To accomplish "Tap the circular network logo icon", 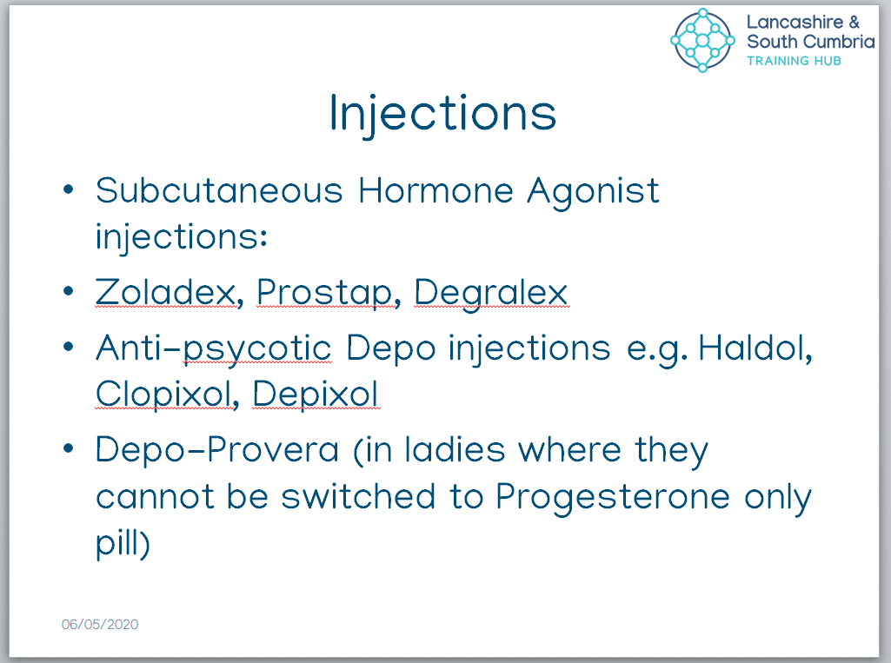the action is pos(702,40).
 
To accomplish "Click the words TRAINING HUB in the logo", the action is pos(794,61).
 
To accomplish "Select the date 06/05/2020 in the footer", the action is pos(100,624).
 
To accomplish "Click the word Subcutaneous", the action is pos(219,190).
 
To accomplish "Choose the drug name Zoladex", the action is pos(165,292).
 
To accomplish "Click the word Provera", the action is pos(273,450).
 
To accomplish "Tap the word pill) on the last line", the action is pos(123,544).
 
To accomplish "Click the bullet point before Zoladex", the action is pos(68,291).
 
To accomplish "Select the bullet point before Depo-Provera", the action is pos(68,449).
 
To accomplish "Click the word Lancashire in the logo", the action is pos(795,22).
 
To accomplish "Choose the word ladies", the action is pos(455,450).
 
